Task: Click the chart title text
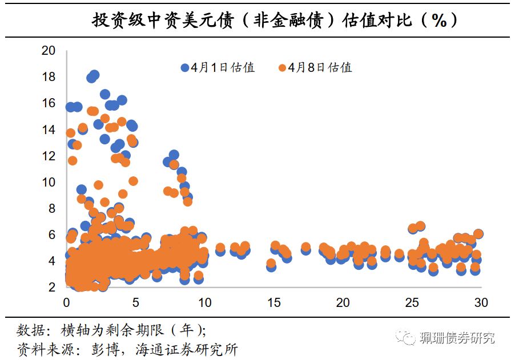point(274,21)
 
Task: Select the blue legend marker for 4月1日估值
point(185,67)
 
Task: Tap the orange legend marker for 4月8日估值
point(282,67)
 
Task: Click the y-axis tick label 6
point(51,234)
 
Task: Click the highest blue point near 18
point(94,75)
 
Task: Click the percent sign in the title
point(438,21)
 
